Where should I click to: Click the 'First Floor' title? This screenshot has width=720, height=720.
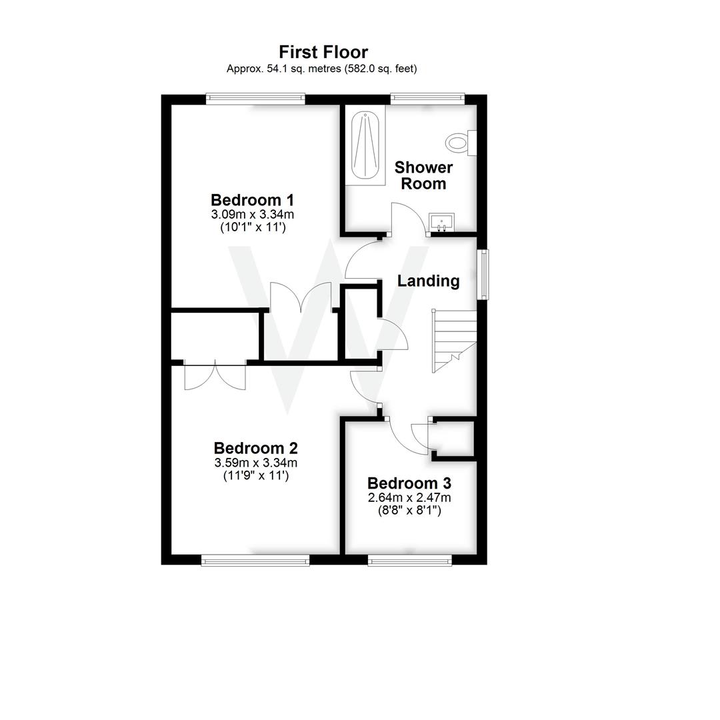tap(323, 52)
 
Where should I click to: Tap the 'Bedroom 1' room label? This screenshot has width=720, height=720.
tap(253, 200)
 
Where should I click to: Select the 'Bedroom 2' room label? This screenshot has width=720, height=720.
tap(255, 448)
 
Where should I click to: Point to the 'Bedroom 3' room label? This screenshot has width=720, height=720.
tap(409, 483)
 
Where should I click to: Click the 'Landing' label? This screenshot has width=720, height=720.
tap(428, 281)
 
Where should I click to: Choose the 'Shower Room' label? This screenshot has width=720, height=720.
tap(423, 175)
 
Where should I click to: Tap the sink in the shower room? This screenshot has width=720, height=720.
tap(441, 222)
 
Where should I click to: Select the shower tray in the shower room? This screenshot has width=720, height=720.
tap(365, 147)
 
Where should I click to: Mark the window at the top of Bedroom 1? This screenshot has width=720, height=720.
tap(255, 99)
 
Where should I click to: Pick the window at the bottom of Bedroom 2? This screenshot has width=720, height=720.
tap(255, 560)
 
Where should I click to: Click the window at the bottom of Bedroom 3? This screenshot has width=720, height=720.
tap(409, 560)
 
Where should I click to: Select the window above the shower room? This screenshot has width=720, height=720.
tap(427, 99)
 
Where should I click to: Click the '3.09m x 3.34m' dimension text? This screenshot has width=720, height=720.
tap(253, 215)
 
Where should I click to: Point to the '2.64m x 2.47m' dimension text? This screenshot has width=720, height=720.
tap(409, 498)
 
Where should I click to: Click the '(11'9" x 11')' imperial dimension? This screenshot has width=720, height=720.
tap(255, 476)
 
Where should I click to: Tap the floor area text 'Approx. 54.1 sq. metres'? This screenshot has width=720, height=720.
tap(284, 68)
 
